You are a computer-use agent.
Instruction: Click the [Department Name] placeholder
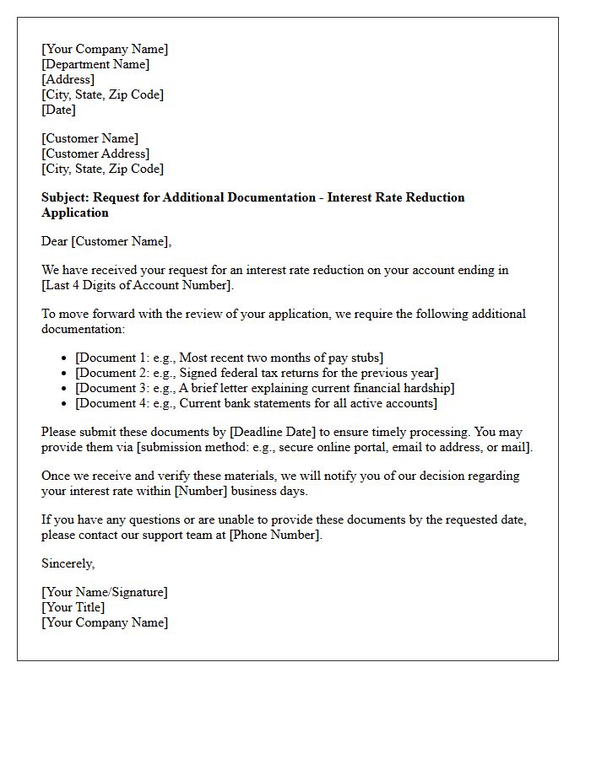[x=95, y=64]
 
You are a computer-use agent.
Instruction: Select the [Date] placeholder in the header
[x=58, y=110]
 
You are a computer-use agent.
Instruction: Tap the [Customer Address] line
[x=95, y=153]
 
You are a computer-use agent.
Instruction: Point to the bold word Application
[x=75, y=213]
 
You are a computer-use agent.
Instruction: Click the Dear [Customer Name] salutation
[x=106, y=241]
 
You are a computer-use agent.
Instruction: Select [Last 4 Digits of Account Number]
[x=137, y=285]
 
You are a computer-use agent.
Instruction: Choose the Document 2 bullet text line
[x=257, y=373]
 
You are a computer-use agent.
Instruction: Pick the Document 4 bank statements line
[x=256, y=403]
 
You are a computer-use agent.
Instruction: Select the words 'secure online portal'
[x=312, y=447]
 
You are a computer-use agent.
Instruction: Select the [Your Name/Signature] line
[x=105, y=592]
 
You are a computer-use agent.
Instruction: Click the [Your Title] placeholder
[x=73, y=607]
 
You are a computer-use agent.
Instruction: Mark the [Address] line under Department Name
[x=68, y=79]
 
